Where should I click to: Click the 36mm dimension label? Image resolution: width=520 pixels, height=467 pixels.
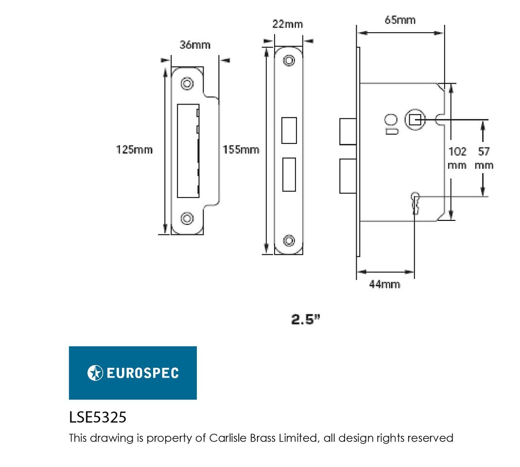pos(195,45)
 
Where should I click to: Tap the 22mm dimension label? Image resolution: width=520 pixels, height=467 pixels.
pos(287,24)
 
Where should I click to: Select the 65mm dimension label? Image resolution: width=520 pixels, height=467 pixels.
pos(400,20)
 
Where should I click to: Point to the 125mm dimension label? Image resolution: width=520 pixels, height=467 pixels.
pos(134,149)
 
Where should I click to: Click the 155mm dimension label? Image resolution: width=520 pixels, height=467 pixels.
pos(241,149)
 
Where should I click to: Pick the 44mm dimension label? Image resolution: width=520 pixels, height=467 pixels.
pos(384,285)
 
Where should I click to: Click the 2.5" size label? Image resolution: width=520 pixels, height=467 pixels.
pos(306,320)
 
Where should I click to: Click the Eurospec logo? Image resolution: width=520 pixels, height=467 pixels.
pos(133,373)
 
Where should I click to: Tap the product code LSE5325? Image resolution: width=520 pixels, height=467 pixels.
pos(98,417)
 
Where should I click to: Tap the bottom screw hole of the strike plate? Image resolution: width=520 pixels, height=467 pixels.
pos(187,217)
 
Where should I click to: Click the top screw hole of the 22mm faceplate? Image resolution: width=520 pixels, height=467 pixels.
pos(289,60)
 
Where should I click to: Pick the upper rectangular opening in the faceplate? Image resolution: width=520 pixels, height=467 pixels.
pos(289,130)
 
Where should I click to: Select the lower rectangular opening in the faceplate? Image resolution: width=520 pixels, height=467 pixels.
pos(289,174)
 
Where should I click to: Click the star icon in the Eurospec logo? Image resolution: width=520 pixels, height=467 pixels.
pos(95,373)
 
